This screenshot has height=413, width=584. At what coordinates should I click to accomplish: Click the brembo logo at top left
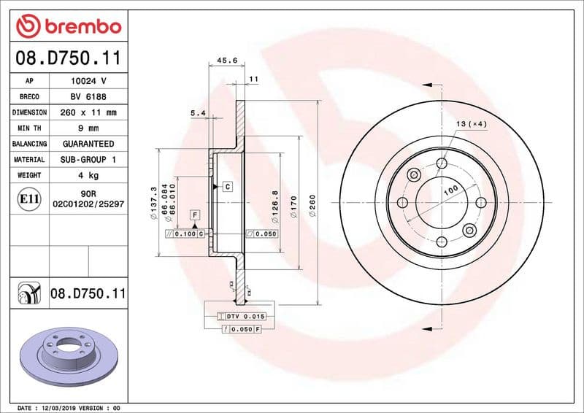pos(68,26)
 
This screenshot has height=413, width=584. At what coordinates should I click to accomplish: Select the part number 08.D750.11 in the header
pos(68,58)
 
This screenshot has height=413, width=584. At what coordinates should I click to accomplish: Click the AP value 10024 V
pos(88,81)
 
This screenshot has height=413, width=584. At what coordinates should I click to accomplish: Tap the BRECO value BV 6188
pos(88,97)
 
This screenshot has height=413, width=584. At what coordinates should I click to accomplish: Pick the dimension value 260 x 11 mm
pos(88,112)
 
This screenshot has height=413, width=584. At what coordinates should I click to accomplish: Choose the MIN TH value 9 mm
pos(88,128)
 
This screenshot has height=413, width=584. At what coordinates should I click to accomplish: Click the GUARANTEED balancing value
pos(88,144)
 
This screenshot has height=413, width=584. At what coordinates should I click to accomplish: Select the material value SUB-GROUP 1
pos(88,159)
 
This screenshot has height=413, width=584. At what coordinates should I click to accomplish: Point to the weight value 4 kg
pos(88,175)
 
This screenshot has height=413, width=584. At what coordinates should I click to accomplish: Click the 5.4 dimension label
pos(198,113)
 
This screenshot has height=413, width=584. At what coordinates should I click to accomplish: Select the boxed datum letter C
pos(228,187)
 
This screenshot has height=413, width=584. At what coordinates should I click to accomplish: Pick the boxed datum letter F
pos(194,215)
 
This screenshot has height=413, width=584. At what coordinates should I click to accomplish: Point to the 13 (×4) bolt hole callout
pos(472,124)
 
